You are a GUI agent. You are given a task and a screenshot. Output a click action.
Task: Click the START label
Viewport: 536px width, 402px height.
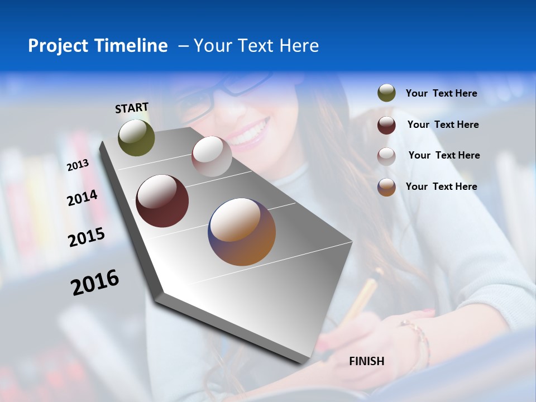[132, 108]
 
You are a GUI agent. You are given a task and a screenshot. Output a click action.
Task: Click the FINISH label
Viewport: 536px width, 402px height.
[366, 361]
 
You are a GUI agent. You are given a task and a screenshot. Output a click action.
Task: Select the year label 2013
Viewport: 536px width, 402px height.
[78, 165]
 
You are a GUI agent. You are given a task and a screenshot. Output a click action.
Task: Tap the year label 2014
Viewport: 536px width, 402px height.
[82, 198]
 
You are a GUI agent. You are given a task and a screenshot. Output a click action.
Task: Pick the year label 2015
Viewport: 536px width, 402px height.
[87, 237]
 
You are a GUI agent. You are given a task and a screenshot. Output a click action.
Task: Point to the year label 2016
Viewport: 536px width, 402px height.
[95, 282]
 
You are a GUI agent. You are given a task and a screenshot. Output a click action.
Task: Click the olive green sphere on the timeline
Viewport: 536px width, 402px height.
[136, 138]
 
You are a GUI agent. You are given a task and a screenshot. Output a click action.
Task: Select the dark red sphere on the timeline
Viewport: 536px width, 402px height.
[162, 201]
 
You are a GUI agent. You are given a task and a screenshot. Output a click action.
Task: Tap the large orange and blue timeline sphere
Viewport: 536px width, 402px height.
[242, 232]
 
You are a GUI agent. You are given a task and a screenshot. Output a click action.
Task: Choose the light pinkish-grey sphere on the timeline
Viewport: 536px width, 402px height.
[212, 156]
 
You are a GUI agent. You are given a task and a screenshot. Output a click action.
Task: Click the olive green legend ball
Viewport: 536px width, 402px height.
[386, 93]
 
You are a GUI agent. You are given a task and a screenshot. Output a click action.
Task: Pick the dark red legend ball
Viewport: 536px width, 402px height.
[386, 125]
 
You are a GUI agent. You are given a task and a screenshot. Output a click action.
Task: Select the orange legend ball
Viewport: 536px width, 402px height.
[386, 187]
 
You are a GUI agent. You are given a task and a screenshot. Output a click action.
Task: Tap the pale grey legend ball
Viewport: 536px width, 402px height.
[386, 156]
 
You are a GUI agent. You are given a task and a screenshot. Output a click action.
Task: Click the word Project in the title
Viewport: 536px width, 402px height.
[58, 46]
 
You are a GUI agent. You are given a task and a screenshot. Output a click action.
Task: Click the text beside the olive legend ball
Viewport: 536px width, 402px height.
[441, 94]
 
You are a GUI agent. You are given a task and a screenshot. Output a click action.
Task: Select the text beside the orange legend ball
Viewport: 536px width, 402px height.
[441, 186]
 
